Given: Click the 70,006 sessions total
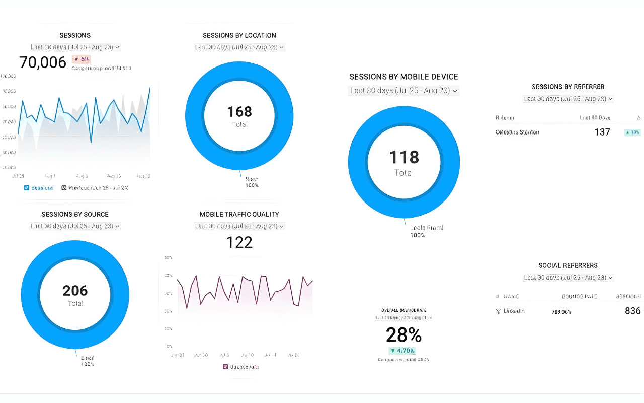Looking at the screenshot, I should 43,62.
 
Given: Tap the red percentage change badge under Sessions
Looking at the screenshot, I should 82,59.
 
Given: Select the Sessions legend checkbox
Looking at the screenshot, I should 27,188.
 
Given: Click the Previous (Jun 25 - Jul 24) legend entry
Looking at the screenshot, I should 95,188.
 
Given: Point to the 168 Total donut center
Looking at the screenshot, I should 239,116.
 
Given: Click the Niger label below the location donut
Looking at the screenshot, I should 251,179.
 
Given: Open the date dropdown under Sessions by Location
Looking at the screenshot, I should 239,47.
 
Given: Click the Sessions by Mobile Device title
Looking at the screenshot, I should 404,77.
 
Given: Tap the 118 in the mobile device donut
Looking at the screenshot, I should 404,158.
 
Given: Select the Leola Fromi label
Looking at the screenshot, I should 426,228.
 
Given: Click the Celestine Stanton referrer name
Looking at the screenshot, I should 517,132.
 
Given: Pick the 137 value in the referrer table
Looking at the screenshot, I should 602,132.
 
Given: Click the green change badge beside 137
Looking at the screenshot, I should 632,132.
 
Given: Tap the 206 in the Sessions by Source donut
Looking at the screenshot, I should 75,291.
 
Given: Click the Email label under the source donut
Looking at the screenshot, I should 88,358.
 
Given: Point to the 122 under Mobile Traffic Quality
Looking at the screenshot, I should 239,243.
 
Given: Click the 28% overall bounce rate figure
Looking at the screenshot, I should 404,335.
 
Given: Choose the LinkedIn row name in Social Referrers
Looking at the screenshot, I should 514,311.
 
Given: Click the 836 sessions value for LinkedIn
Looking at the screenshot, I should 632,311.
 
